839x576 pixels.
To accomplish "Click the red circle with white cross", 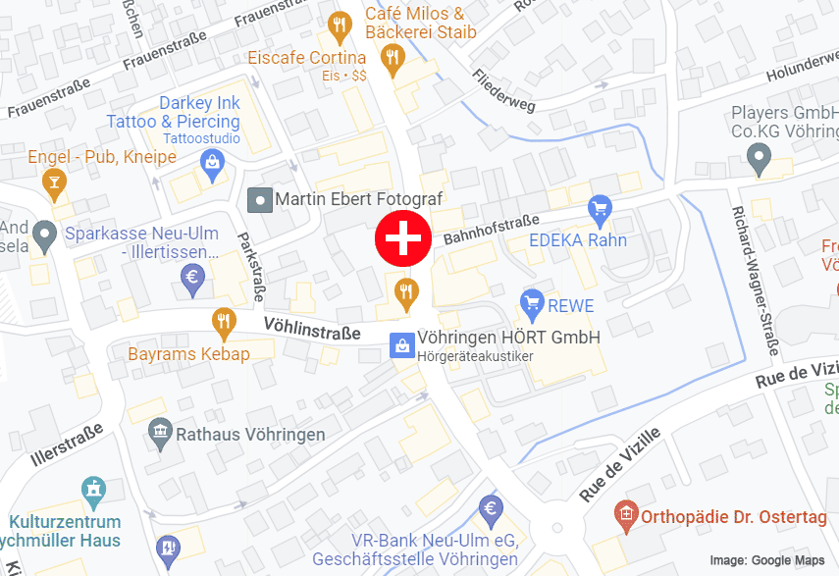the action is click(403, 237).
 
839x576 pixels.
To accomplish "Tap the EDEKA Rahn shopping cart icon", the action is click(599, 208).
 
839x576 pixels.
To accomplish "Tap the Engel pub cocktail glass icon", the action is click(53, 181).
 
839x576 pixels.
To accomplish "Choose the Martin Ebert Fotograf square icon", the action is click(260, 199).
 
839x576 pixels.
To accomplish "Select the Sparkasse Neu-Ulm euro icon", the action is click(192, 280).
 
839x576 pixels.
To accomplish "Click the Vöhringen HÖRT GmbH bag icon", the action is click(401, 345).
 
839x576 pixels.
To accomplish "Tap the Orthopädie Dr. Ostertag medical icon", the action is click(624, 513).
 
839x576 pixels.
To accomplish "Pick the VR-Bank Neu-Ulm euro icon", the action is click(491, 509).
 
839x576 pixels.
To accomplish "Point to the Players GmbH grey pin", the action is click(758, 156).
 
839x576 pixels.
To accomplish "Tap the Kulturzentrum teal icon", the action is click(93, 489).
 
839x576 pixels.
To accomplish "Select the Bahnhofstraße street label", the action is click(491, 229).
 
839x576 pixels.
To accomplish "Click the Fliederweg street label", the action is click(504, 90).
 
